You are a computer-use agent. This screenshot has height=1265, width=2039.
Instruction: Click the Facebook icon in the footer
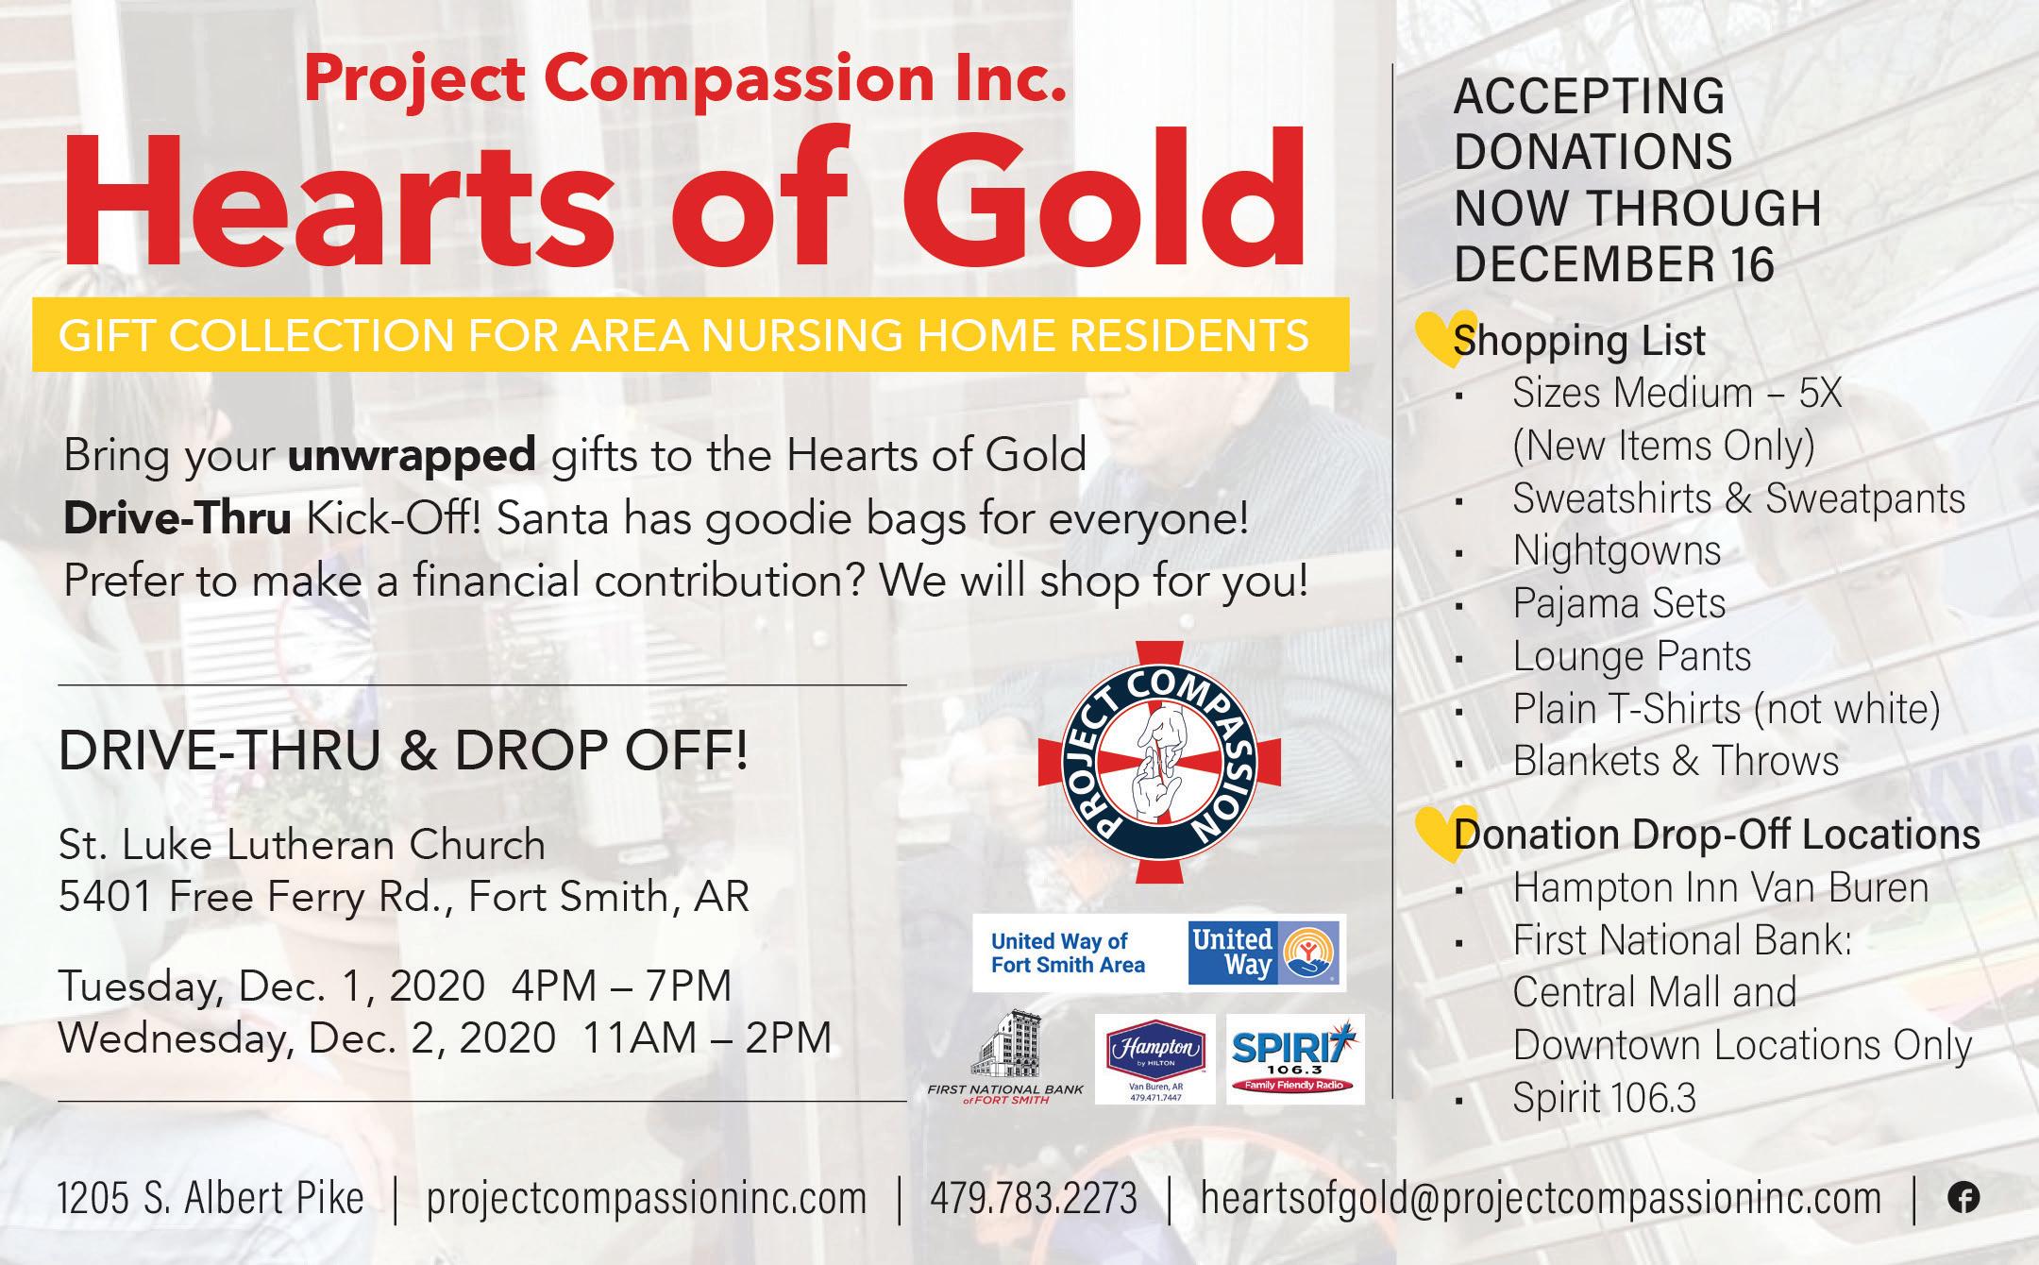point(1963,1198)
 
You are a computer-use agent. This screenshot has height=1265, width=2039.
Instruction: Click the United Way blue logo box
point(1264,953)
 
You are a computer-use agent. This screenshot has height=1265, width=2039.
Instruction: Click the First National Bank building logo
point(1005,1057)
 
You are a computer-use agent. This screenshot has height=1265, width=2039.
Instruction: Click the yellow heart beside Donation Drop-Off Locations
point(1445,834)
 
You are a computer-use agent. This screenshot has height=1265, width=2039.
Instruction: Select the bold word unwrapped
point(413,457)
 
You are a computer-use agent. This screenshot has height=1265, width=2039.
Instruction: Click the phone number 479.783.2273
point(1033,1199)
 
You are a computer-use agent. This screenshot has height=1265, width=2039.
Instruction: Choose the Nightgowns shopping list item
point(1617,550)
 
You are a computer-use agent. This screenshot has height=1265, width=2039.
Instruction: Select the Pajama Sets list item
point(1619,603)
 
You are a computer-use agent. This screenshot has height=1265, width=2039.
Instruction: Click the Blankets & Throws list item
point(1676,760)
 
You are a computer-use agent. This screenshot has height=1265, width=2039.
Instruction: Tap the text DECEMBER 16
point(1614,263)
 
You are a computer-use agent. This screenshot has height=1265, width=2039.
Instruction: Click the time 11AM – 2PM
point(707,1037)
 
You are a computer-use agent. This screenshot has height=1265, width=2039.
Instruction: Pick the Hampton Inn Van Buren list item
point(1720,888)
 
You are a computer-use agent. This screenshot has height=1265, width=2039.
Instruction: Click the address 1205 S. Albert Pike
point(211,1199)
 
